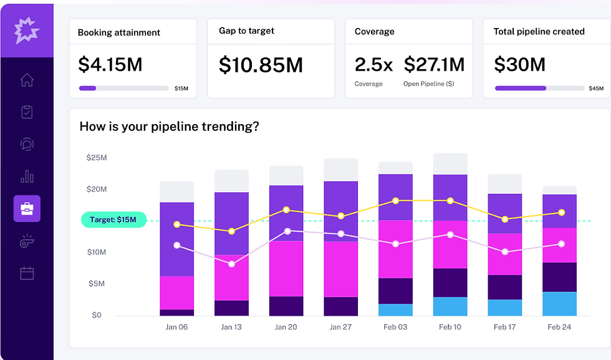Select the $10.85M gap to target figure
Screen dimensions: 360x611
click(261, 64)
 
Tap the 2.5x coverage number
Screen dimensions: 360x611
click(372, 64)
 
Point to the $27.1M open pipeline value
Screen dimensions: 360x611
click(434, 64)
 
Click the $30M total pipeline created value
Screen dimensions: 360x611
click(519, 64)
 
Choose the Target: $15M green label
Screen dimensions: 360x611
click(113, 220)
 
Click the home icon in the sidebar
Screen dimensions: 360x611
click(27, 80)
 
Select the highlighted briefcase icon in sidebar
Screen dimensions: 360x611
click(27, 208)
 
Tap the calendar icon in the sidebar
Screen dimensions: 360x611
click(27, 273)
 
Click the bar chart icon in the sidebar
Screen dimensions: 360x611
click(27, 177)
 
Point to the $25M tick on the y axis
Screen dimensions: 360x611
click(97, 158)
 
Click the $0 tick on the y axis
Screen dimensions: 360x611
click(97, 315)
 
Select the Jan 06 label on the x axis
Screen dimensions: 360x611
click(176, 327)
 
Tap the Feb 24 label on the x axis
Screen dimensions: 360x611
click(559, 327)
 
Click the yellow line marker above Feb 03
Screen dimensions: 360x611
click(396, 201)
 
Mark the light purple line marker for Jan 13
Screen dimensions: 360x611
click(231, 264)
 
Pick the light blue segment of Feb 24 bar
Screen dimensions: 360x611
click(559, 304)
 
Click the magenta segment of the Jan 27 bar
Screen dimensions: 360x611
click(340, 268)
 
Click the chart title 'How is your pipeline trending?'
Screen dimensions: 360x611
click(169, 127)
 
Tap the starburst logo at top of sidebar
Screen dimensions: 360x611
click(27, 30)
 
